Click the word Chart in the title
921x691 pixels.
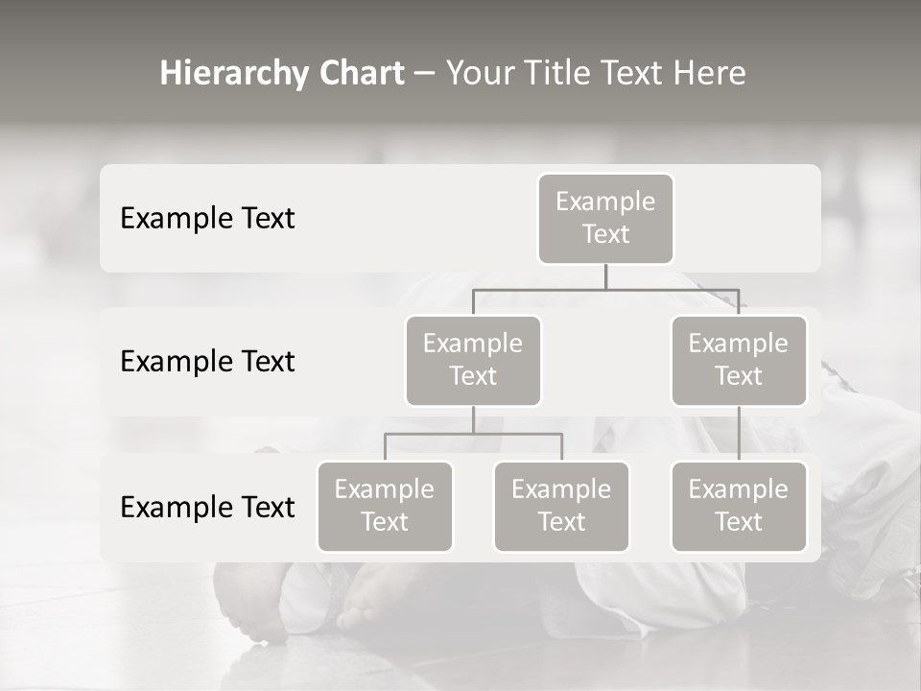click(361, 74)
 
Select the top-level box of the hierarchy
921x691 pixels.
click(605, 219)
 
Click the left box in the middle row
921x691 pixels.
click(473, 361)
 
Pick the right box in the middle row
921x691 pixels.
click(739, 361)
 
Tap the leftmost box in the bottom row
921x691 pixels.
click(385, 507)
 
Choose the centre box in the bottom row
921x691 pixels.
click(561, 507)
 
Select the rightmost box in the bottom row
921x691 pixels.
click(739, 507)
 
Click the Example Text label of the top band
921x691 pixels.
click(207, 219)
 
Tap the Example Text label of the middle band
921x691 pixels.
click(207, 362)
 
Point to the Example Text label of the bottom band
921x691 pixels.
click(207, 508)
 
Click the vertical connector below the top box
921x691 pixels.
click(605, 276)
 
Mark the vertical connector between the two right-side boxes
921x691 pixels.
click(739, 434)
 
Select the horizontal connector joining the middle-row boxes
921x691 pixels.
click(605, 289)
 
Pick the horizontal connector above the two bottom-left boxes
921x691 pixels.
click(473, 434)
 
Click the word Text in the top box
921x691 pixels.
click(605, 234)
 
